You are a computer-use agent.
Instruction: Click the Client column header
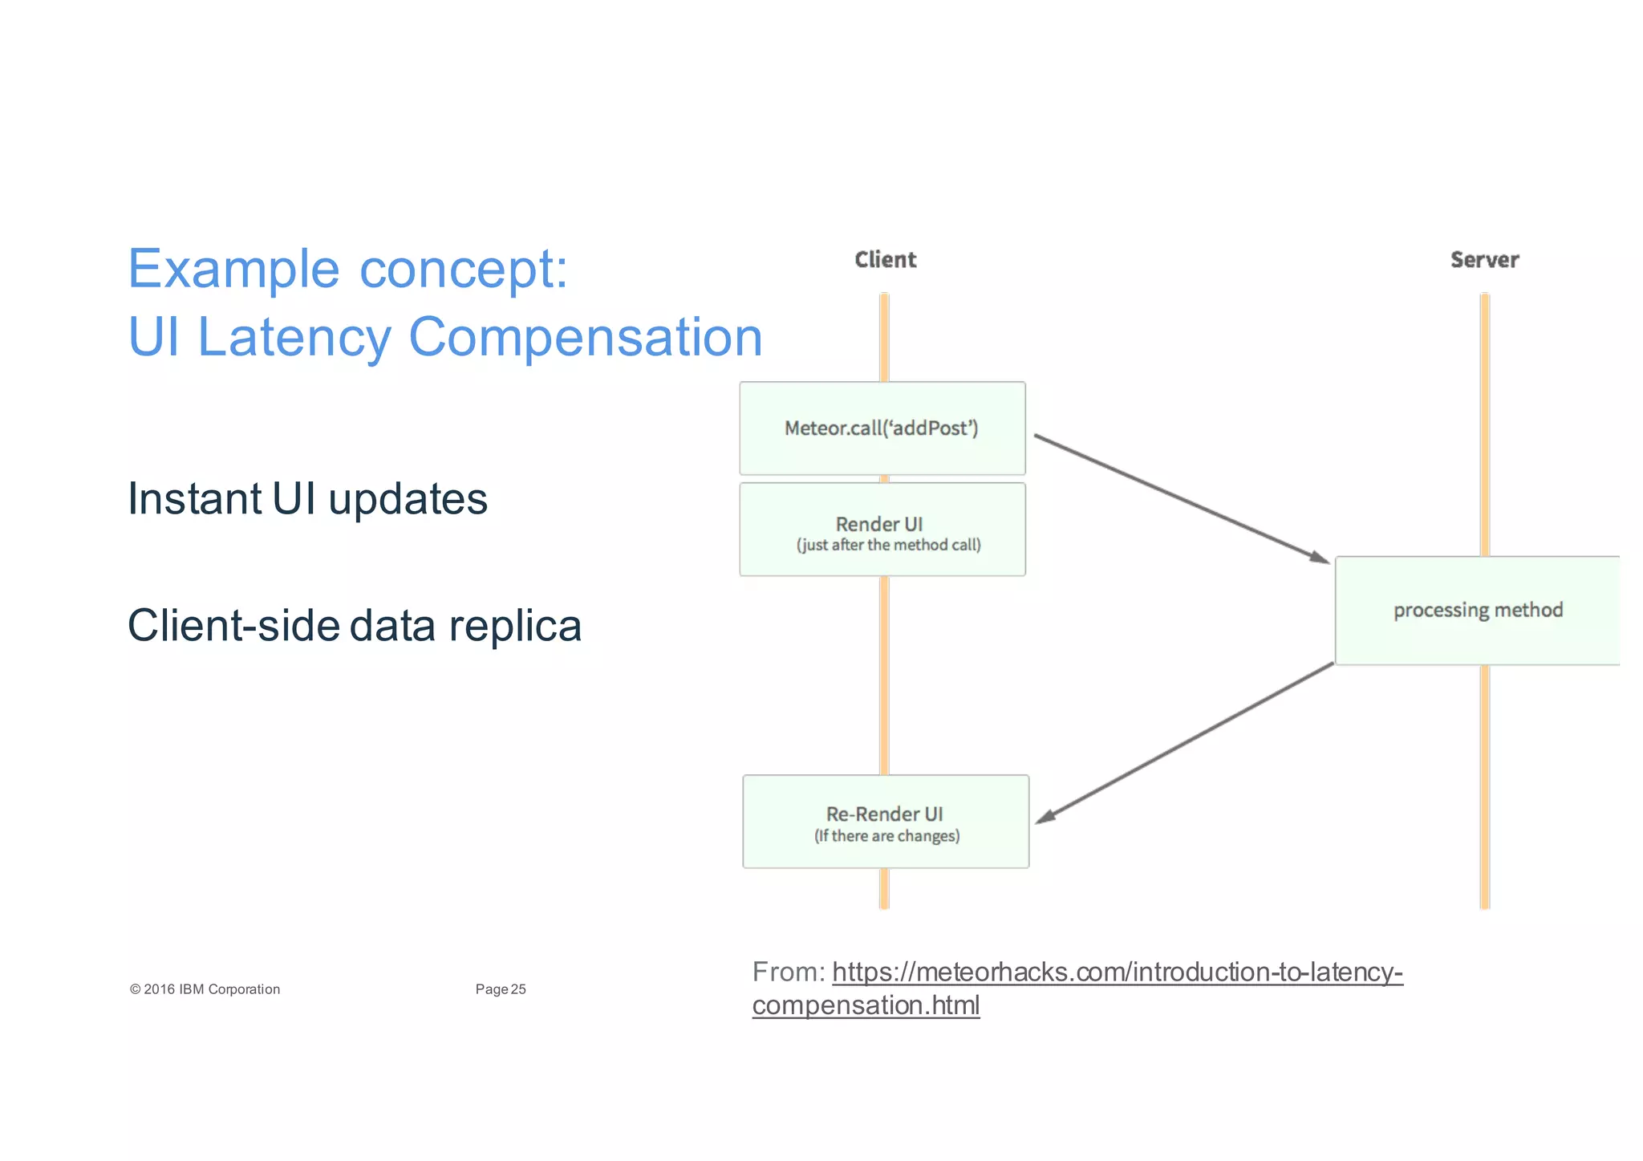coord(885,260)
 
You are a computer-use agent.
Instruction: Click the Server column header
coord(1484,260)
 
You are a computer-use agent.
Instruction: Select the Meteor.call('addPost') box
coord(882,428)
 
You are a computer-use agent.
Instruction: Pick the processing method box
coord(1477,611)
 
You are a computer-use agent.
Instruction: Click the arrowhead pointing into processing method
coord(1318,557)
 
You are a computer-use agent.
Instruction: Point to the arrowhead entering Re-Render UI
coord(1045,816)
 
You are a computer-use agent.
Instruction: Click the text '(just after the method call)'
coord(888,546)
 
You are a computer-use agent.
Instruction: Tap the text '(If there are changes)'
coord(886,836)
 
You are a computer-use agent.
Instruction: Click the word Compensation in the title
coord(585,337)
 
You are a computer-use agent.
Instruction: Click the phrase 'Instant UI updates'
coord(307,499)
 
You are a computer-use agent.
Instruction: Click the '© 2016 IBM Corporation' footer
coord(205,989)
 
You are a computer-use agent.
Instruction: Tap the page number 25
coord(518,989)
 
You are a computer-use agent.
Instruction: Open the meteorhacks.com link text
coord(1117,972)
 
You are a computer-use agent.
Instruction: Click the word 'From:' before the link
coord(788,972)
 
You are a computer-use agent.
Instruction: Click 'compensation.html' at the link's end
coord(866,1005)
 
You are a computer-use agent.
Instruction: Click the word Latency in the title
coord(294,337)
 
